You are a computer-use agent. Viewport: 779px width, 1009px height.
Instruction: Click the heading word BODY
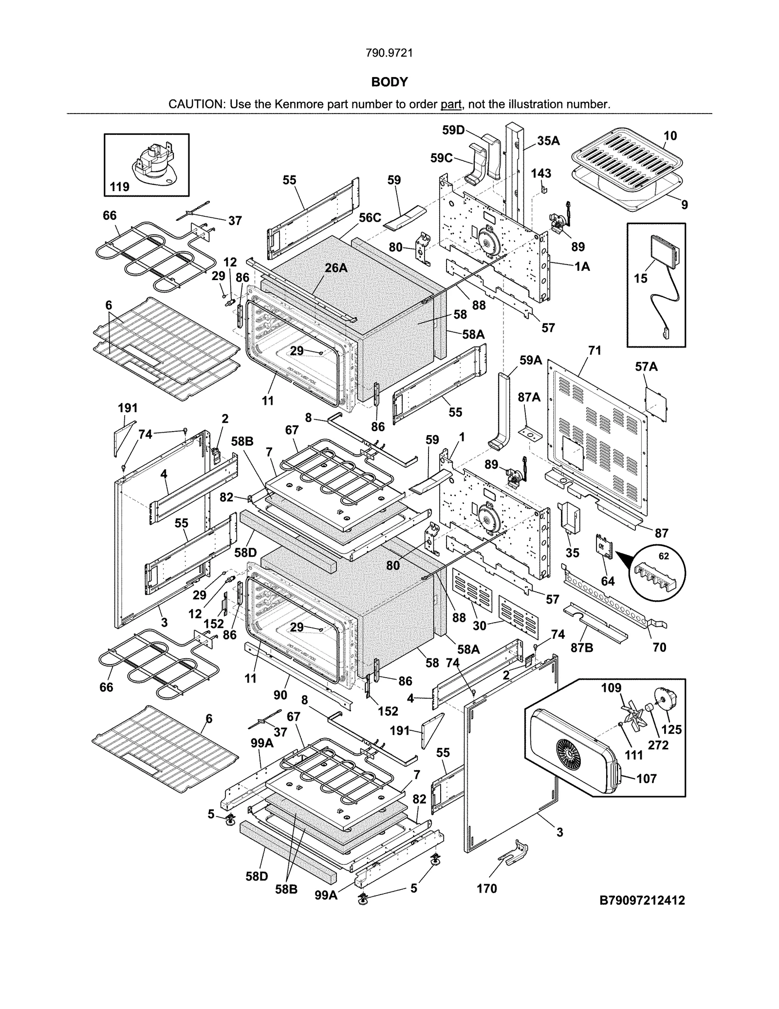tap(389, 82)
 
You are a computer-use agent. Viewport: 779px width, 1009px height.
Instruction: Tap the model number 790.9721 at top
tap(389, 53)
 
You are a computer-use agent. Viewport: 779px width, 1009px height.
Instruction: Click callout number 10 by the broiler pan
tap(670, 136)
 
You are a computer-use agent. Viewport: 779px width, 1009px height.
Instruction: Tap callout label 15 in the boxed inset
tap(640, 278)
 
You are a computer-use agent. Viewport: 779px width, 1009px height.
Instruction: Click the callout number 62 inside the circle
tap(663, 556)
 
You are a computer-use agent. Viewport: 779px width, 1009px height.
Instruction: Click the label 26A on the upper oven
tap(336, 267)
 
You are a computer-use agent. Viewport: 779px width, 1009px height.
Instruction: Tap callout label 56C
tap(370, 218)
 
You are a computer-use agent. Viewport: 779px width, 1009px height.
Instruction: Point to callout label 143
tap(541, 173)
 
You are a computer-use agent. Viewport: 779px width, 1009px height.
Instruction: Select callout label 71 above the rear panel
tap(594, 350)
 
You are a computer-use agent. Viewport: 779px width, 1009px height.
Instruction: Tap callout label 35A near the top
tap(548, 141)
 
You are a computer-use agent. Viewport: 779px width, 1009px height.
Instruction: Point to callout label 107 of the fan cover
tap(646, 779)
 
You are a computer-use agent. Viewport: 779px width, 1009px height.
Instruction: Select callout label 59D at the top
tap(453, 130)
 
